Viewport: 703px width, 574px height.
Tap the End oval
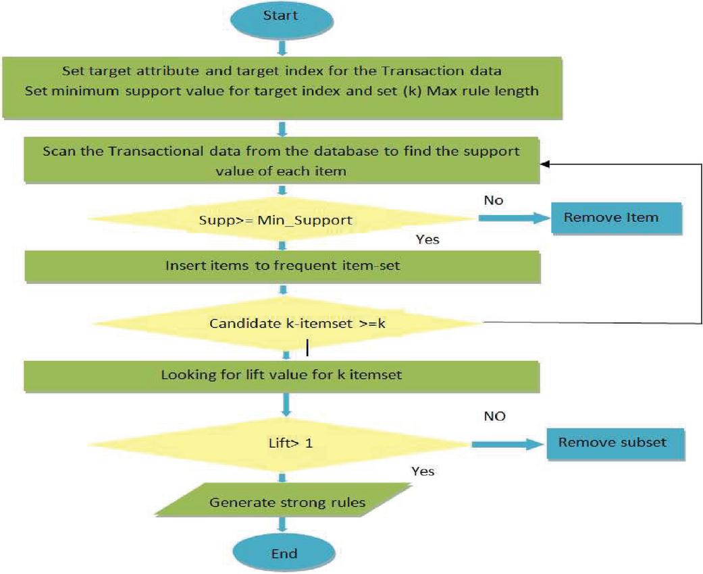(284, 553)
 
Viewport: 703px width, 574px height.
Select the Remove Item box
(617, 219)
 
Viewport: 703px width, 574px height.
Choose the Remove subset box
(615, 444)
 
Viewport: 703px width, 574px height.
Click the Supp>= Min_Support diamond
(282, 219)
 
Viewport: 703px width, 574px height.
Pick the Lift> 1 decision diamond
(280, 444)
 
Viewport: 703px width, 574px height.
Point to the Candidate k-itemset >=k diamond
(287, 323)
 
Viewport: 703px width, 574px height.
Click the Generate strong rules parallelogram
(284, 500)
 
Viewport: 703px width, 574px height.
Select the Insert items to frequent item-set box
(282, 266)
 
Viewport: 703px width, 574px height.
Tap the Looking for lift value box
(282, 376)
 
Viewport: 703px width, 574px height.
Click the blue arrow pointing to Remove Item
(514, 218)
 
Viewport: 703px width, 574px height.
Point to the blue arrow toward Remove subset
(508, 444)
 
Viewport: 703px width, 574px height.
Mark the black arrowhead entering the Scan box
(544, 165)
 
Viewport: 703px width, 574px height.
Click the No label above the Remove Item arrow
(494, 200)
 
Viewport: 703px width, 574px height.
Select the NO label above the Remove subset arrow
(494, 416)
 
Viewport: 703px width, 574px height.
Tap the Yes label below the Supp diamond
(427, 239)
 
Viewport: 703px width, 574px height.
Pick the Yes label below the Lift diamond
(423, 471)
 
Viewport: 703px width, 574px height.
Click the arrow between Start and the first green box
(282, 47)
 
